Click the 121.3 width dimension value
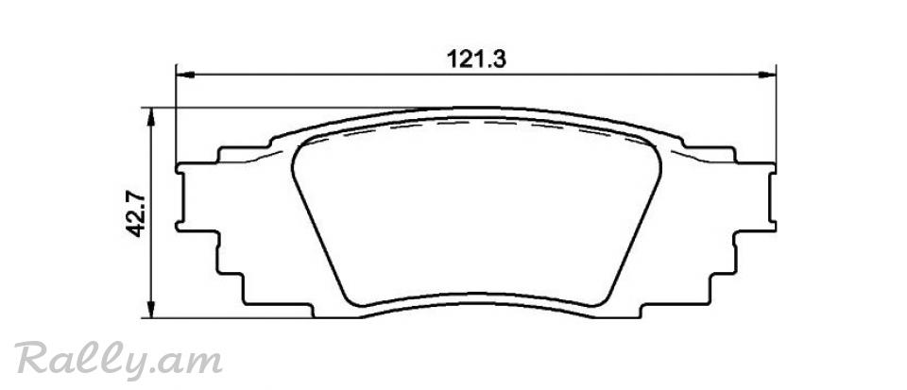click(x=476, y=59)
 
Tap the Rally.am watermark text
click(x=118, y=360)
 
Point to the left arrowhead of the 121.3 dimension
click(x=184, y=75)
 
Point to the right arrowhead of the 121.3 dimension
click(x=767, y=75)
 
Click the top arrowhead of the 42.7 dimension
click(x=150, y=116)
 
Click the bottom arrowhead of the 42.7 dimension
click(x=150, y=309)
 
